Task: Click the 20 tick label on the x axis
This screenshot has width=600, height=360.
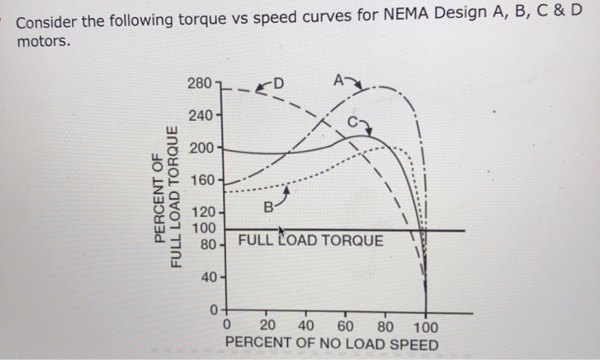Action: (x=268, y=326)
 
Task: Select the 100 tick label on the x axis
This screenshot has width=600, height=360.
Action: (x=424, y=326)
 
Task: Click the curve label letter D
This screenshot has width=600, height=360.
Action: (x=280, y=83)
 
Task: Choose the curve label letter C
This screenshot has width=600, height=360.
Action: (x=353, y=123)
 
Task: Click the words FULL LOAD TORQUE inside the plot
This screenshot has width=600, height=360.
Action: (x=310, y=241)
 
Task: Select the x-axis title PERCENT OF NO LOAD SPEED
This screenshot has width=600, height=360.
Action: (x=331, y=345)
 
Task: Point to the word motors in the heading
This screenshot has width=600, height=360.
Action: (x=40, y=40)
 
